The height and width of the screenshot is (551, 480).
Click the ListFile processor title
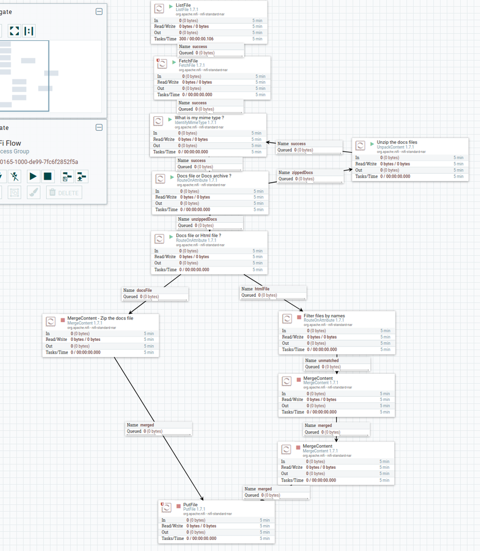[x=184, y=5]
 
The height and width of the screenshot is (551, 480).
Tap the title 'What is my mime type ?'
[x=199, y=117]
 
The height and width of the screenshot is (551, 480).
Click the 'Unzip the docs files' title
[x=397, y=142]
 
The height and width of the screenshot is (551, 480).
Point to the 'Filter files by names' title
[x=324, y=316]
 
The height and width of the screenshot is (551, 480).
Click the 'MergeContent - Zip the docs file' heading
[x=100, y=318]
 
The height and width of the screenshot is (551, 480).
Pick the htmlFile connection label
[x=262, y=288]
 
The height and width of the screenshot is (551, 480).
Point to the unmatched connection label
[x=328, y=360]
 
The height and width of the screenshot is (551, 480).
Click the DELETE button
[x=64, y=192]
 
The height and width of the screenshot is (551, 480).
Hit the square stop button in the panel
[x=48, y=176]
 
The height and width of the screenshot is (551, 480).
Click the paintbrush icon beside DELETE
[x=33, y=192]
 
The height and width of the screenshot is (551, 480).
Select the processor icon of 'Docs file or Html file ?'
[x=160, y=238]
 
